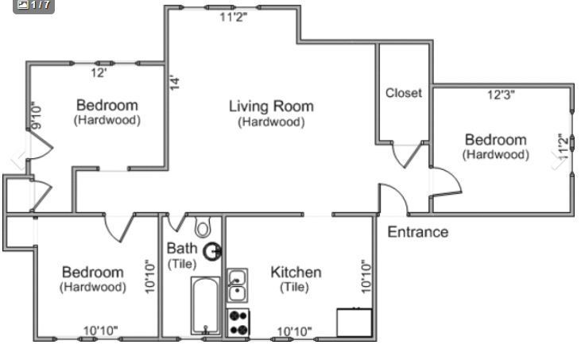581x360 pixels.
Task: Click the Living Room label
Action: (x=271, y=106)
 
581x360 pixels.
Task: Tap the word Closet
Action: (x=404, y=93)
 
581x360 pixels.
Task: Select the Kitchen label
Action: (x=296, y=273)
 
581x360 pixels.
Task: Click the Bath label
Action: (x=181, y=248)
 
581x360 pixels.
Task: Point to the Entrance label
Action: (x=417, y=232)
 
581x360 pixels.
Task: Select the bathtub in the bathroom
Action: (x=205, y=306)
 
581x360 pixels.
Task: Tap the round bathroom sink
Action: (x=213, y=252)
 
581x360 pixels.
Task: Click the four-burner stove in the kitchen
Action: (x=238, y=323)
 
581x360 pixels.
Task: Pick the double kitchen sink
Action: (x=237, y=285)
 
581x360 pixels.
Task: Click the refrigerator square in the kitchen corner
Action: (x=354, y=323)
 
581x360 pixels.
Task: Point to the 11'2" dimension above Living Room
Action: (x=233, y=17)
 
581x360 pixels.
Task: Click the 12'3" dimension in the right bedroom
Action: (x=501, y=95)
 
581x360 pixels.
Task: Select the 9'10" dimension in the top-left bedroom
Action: (x=37, y=115)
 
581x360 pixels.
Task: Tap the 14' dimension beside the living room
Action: (x=175, y=83)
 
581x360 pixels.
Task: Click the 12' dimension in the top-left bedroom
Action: (x=99, y=72)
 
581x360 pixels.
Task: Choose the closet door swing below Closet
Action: (x=406, y=155)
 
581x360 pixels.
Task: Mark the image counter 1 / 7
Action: (x=33, y=5)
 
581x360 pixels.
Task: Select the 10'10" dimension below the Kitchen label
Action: (x=294, y=331)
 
